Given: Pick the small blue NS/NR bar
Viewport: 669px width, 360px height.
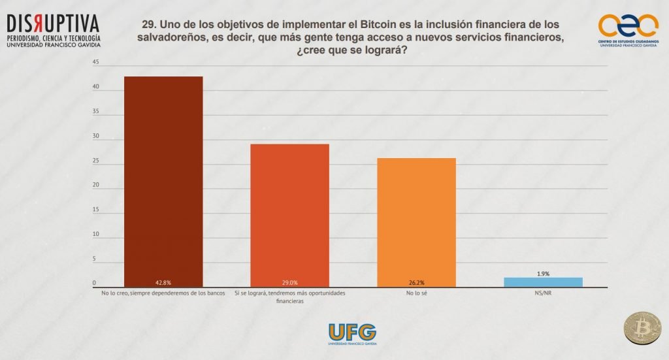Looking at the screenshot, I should click(543, 282).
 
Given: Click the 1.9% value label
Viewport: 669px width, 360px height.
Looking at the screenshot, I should click(543, 273).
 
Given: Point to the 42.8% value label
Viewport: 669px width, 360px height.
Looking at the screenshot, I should click(163, 283).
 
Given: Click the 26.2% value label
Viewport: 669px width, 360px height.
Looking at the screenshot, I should click(416, 283).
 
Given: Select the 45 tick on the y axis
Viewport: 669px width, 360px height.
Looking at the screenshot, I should click(96, 63).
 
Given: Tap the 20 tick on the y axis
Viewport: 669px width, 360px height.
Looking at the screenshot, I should click(96, 186).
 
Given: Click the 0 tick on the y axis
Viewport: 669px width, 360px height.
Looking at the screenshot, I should click(95, 284).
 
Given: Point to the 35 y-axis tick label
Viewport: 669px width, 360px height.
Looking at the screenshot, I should click(96, 112).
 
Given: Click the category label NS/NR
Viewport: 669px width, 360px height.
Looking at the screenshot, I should click(543, 293).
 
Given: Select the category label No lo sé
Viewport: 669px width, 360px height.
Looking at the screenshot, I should click(416, 293).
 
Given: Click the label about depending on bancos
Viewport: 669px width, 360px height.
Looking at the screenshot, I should click(163, 293).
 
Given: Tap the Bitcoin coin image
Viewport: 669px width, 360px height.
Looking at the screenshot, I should click(642, 327).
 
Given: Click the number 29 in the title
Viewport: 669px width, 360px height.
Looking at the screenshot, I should click(147, 24).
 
